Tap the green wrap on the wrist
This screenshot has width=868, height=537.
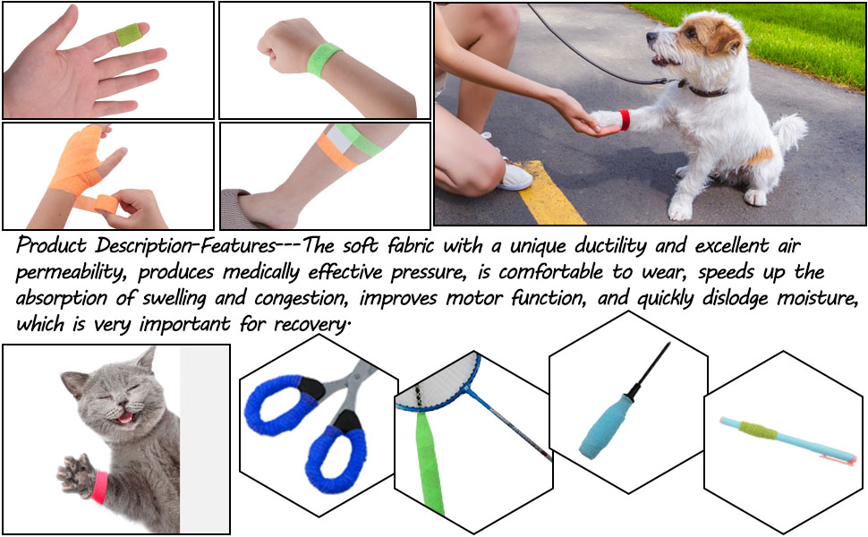click(325, 59)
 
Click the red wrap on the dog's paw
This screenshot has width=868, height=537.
click(624, 119)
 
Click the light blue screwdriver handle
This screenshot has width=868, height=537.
click(600, 426)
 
